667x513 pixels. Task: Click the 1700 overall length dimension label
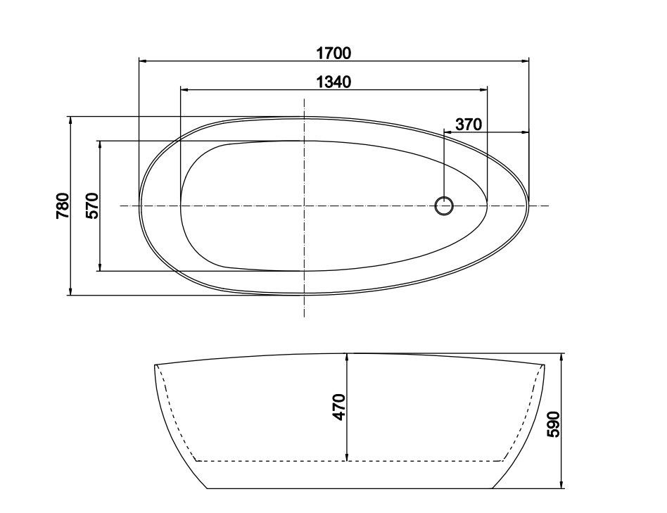click(x=333, y=53)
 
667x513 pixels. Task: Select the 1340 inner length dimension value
click(x=333, y=82)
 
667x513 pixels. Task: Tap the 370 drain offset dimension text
click(x=468, y=125)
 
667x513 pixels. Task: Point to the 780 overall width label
click(x=63, y=205)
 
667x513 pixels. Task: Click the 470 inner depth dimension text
click(x=339, y=407)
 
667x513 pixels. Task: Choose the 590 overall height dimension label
click(x=553, y=424)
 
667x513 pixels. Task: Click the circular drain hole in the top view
click(x=444, y=205)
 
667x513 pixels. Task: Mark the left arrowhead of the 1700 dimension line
click(x=142, y=62)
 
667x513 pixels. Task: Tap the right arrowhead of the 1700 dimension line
click(x=526, y=62)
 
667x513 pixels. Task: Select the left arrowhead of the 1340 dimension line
click(x=184, y=90)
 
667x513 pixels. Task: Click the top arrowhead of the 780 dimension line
click(x=71, y=120)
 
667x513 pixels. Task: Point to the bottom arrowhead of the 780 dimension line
click(x=71, y=291)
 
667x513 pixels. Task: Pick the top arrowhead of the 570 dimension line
click(x=101, y=144)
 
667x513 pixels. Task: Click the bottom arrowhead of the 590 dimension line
click(x=561, y=485)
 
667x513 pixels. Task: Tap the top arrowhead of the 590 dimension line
click(x=561, y=357)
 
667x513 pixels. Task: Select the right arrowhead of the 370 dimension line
click(x=526, y=132)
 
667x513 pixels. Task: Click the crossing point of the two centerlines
click(x=304, y=205)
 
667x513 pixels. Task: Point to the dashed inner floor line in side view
click(x=281, y=460)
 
